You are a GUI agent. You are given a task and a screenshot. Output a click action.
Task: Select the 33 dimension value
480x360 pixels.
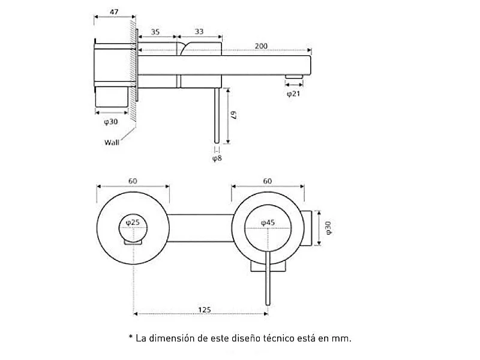point(200,32)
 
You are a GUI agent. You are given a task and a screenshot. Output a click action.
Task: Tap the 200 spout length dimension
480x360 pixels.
point(261,46)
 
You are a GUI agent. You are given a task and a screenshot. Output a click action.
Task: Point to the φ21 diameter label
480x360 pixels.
point(293,94)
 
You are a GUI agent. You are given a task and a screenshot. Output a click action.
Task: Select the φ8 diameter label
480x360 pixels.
point(217,159)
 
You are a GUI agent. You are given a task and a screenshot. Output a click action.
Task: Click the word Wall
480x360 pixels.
point(112,143)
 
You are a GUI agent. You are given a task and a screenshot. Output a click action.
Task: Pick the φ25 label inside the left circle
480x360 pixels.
point(133,223)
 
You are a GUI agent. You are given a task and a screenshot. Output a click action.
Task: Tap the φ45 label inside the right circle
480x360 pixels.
point(268,223)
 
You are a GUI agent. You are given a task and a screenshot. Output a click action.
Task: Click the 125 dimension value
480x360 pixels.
point(204,310)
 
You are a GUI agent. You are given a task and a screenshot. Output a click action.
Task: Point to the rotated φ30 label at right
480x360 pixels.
point(327,227)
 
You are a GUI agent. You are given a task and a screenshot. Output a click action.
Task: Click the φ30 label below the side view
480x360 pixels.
point(110,122)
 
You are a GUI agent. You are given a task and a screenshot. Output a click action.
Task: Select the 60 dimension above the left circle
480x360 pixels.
point(133,181)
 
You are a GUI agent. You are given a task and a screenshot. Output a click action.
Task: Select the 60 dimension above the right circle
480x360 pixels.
point(268,181)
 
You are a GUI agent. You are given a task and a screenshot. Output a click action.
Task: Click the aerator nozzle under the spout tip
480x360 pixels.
point(293,76)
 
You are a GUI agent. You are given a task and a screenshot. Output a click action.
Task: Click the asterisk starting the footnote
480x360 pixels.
point(130,338)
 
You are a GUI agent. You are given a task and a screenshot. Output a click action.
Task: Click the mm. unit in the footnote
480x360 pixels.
point(341,338)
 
